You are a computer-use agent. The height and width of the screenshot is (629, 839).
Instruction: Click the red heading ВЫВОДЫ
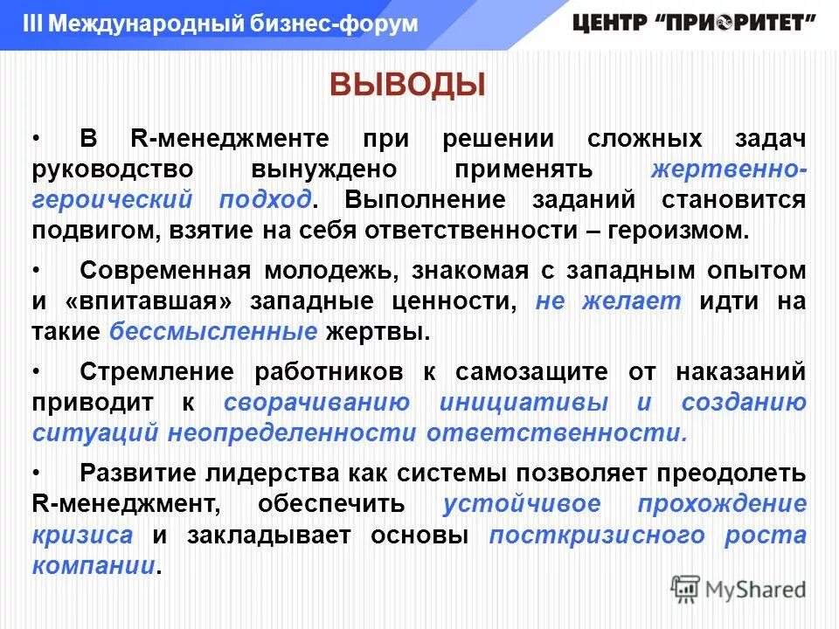[x=406, y=86]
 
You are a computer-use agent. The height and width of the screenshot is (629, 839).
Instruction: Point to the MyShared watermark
[x=738, y=589]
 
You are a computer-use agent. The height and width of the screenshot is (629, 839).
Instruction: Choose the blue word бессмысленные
[x=213, y=333]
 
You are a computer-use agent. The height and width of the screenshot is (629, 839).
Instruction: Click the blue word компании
[x=93, y=565]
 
